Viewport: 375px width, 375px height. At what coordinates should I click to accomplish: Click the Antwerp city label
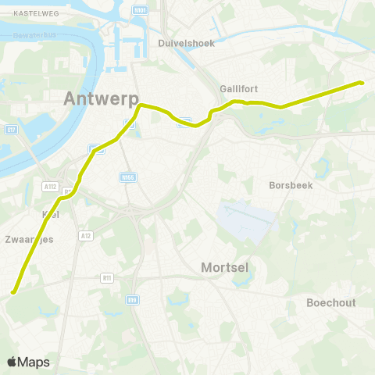pyautogui.click(x=101, y=99)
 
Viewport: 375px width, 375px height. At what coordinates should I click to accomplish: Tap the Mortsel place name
pyautogui.click(x=225, y=267)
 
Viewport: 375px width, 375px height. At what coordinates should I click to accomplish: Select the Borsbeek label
pyautogui.click(x=291, y=186)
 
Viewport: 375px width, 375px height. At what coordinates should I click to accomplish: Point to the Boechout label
pyautogui.click(x=331, y=302)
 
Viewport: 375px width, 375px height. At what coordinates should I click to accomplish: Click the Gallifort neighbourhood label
pyautogui.click(x=239, y=90)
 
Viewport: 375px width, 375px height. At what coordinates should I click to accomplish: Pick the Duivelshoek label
pyautogui.click(x=186, y=43)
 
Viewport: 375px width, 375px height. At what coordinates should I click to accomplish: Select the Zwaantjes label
pyautogui.click(x=29, y=239)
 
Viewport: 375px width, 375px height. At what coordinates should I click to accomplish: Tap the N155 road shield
pyautogui.click(x=129, y=178)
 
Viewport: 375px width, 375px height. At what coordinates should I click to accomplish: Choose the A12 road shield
pyautogui.click(x=86, y=234)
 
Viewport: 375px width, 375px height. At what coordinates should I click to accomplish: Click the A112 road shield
pyautogui.click(x=51, y=187)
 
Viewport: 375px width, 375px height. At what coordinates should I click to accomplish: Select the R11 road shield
pyautogui.click(x=108, y=277)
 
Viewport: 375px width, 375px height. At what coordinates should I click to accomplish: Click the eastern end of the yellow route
pyautogui.click(x=361, y=83)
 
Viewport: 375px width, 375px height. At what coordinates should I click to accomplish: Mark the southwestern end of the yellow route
pyautogui.click(x=13, y=293)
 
